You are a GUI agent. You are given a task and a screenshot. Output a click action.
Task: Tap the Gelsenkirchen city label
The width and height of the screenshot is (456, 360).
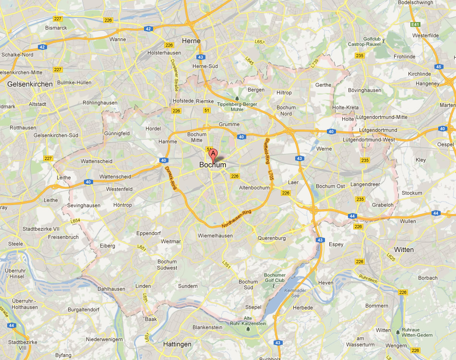[x=30, y=84]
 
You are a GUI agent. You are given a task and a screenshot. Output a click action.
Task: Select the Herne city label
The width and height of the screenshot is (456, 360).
[x=191, y=41]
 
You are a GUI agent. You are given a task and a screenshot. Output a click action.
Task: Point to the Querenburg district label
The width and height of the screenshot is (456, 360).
[x=272, y=238]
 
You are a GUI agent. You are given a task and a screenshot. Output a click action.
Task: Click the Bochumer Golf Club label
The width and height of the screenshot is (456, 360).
[x=275, y=277]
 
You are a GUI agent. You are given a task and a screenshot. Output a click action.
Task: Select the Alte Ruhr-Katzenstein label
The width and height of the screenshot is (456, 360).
[x=248, y=321]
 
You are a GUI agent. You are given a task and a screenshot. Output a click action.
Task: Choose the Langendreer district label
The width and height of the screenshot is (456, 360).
[x=366, y=184]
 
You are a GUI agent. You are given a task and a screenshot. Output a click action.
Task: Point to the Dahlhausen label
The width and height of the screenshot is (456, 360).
[x=111, y=289]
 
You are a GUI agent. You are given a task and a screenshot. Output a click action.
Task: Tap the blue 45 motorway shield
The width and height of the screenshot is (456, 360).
[x=438, y=67]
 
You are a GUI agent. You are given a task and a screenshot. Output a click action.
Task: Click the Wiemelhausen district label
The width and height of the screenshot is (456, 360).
[x=215, y=236]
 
